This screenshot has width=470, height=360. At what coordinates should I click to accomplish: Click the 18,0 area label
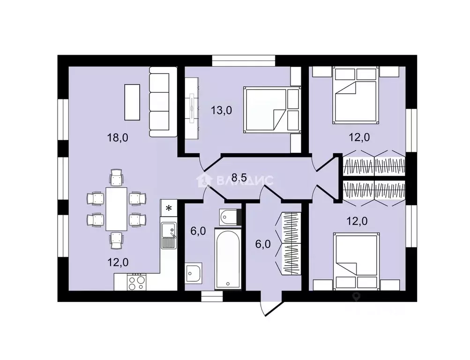(x=118, y=138)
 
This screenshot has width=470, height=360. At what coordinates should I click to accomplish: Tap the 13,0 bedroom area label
(x=222, y=110)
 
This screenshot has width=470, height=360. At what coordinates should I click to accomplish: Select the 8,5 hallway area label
(x=239, y=178)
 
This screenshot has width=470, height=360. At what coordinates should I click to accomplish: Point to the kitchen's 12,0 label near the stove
(x=118, y=262)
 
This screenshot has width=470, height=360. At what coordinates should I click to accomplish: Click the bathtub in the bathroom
(x=228, y=259)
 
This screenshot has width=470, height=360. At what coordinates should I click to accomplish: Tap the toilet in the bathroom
(x=230, y=217)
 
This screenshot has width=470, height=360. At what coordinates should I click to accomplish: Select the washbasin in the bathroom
(x=194, y=273)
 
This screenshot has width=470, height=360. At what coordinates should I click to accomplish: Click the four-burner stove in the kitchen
(x=137, y=282)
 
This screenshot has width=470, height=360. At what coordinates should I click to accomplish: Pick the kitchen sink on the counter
(x=169, y=235)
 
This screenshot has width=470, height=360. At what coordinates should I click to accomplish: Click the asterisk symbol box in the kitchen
(x=169, y=208)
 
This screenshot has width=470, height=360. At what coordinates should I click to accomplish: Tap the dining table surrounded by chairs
(x=116, y=209)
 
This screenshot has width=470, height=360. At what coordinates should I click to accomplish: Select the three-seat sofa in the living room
(x=163, y=102)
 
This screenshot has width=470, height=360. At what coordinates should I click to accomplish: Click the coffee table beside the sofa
(x=132, y=102)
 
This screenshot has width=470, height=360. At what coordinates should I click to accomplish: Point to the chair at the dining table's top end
(x=116, y=178)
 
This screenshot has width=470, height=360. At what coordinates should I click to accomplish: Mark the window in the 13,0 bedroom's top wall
(x=244, y=60)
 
